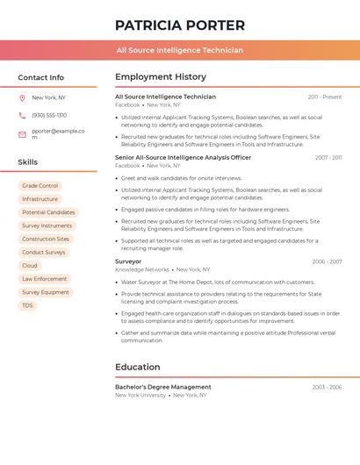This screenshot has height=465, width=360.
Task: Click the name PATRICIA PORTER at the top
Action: pos(180,25)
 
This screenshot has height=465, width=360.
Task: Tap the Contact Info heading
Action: pos(40,77)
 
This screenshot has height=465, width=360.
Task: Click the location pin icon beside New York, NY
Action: pos(22,97)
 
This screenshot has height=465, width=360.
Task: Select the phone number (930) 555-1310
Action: pos(49,115)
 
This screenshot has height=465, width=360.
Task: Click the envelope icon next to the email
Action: pos(22,134)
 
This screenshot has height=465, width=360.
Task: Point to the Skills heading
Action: pos(27,162)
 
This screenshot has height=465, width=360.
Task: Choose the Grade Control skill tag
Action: pos(40,186)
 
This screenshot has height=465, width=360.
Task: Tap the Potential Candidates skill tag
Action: pos(48,212)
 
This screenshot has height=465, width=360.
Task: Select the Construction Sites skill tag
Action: pos(46,239)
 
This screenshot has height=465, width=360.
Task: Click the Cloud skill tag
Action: pos(30,265)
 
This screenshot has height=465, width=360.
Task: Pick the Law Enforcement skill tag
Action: pos(45,279)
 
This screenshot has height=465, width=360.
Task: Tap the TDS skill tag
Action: pos(27,305)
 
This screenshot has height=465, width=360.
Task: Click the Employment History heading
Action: pos(161,77)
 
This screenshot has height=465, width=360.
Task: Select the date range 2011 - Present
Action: pos(325,97)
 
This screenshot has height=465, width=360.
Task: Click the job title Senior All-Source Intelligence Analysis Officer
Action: pos(183,158)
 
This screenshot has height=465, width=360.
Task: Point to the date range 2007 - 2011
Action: pos(328,158)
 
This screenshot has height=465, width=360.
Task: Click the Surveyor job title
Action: pos(128,261)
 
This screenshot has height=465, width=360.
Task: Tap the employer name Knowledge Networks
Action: pos(142,270)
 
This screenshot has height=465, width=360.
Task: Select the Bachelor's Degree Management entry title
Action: pos(163,387)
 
